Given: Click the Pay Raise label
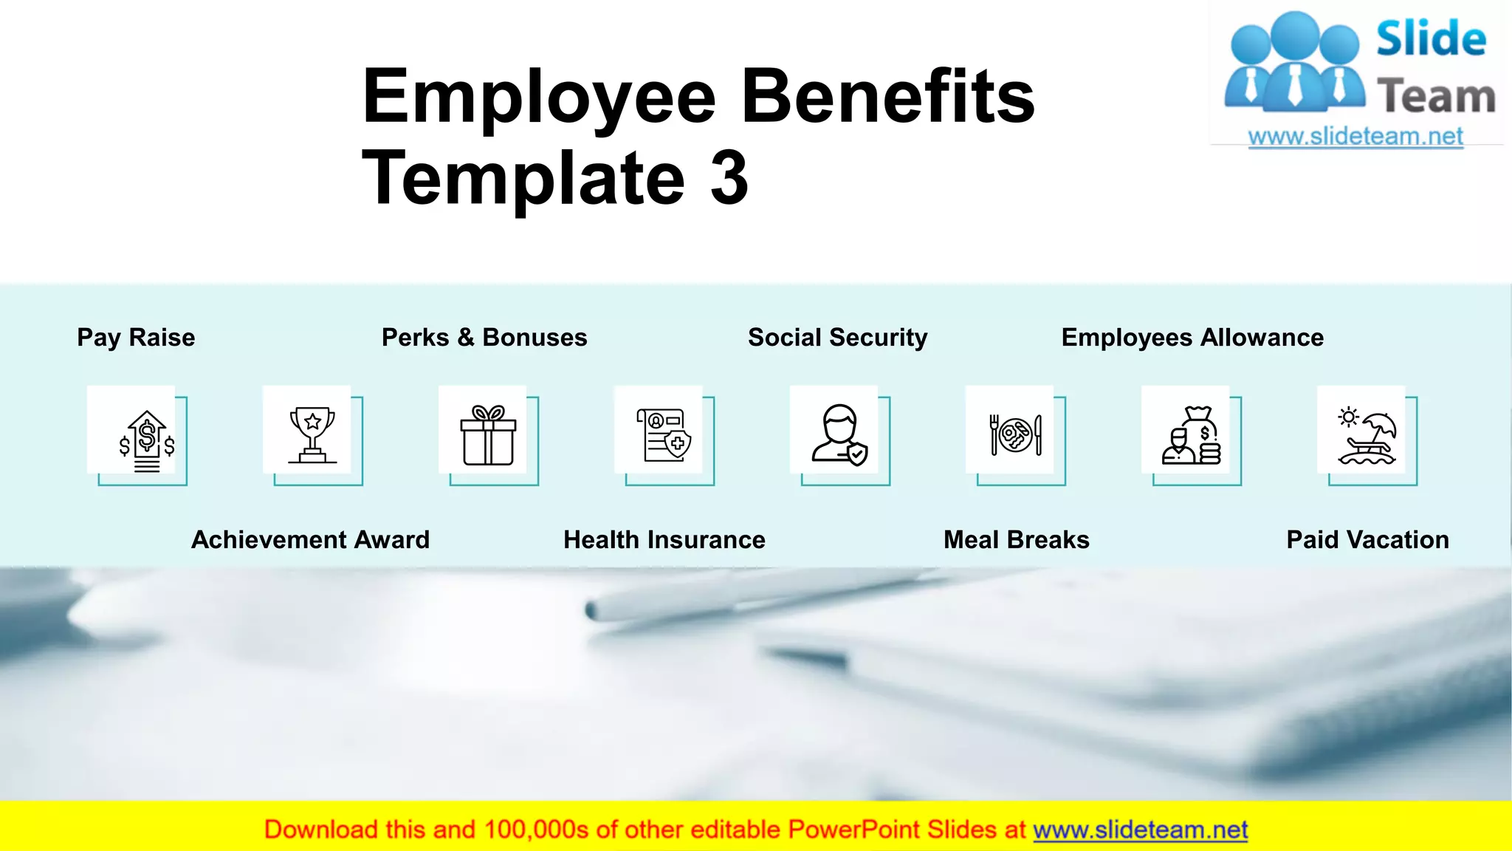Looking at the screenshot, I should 136,338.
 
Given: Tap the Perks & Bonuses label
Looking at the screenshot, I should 484,338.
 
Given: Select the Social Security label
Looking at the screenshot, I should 837,338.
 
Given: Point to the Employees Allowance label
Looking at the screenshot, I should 1192,338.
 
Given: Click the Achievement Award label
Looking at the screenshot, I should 310,540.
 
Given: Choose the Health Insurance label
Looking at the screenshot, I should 664,540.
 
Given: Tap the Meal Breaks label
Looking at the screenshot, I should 1016,540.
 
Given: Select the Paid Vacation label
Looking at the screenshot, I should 1367,540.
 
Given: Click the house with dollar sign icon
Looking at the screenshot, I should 147,440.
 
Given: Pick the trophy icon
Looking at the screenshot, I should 312,434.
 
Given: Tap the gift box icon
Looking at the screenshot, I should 488,435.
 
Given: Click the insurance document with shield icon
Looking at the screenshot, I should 664,435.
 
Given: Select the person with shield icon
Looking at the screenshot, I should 839,435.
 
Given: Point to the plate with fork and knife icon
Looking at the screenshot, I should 1015,434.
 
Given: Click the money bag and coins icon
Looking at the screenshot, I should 1191,435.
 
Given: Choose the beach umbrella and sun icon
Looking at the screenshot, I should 1367,435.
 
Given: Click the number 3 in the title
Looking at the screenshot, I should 729,177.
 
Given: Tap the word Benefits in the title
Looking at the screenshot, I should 887,97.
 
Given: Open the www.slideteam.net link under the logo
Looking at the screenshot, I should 1355,137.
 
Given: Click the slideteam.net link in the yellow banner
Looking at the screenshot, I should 1140,830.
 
